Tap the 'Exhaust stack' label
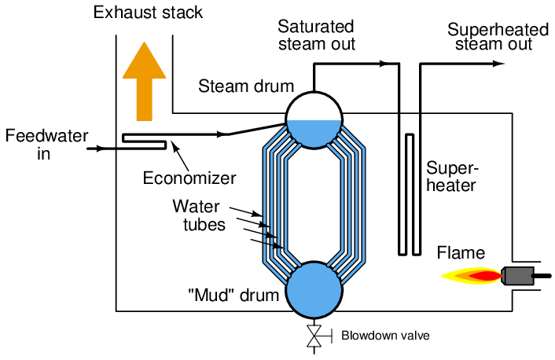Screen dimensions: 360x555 click(x=148, y=13)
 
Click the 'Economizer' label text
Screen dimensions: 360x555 click(x=189, y=178)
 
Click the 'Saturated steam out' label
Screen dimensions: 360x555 click(x=317, y=35)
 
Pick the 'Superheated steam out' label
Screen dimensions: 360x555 click(x=498, y=37)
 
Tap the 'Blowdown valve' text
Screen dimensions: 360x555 click(x=385, y=336)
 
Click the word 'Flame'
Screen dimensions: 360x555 click(x=461, y=253)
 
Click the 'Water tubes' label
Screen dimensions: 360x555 click(x=201, y=215)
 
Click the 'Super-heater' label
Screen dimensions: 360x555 click(x=451, y=177)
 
